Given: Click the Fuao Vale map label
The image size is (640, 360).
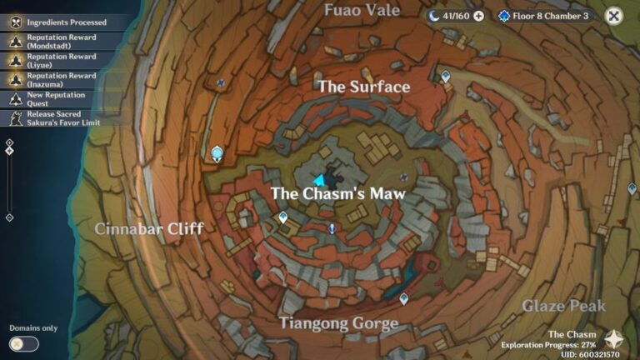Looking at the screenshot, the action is pyautogui.click(x=362, y=10).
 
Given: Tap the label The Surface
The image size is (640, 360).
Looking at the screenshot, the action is pyautogui.click(x=364, y=87).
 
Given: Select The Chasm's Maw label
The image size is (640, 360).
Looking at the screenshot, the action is pyautogui.click(x=337, y=193).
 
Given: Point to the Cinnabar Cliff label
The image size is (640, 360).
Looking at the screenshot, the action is pyautogui.click(x=149, y=228).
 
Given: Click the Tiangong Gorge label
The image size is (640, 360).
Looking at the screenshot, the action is pyautogui.click(x=338, y=322).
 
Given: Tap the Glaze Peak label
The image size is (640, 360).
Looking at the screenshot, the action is pyautogui.click(x=564, y=306).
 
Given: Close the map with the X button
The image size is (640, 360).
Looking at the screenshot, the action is pyautogui.click(x=613, y=16).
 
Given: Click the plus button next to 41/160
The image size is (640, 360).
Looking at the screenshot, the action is pyautogui.click(x=478, y=16).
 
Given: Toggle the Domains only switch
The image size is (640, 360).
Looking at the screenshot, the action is pyautogui.click(x=23, y=343).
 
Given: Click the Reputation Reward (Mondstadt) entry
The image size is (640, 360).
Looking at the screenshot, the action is pyautogui.click(x=61, y=41).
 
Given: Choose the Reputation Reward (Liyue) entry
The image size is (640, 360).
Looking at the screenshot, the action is pyautogui.click(x=61, y=60).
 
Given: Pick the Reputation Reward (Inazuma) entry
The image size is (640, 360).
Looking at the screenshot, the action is pyautogui.click(x=61, y=79).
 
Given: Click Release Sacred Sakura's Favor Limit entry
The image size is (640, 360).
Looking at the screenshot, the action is pyautogui.click(x=61, y=117).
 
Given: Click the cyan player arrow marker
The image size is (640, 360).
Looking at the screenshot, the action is pyautogui.click(x=318, y=180).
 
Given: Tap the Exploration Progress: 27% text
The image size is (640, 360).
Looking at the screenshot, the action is pyautogui.click(x=548, y=344).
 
